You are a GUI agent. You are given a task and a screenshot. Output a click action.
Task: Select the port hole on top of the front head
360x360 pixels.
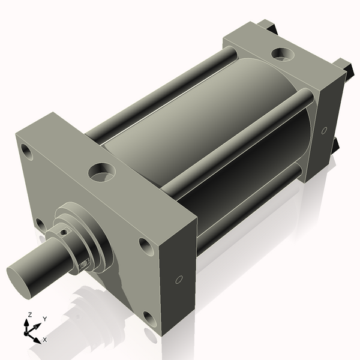(x=100, y=173)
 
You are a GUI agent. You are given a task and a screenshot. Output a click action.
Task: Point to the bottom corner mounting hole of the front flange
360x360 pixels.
(x=148, y=318)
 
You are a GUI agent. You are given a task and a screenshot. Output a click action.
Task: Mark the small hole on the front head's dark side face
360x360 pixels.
(x=178, y=280)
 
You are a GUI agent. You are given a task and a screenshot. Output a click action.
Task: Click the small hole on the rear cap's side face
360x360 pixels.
(x=324, y=130)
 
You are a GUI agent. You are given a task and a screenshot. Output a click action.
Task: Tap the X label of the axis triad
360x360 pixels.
(x=44, y=340)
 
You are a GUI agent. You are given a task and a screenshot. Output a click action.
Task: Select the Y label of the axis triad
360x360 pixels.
(x=44, y=319)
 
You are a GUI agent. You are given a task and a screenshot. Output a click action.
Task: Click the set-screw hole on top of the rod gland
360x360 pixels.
(x=62, y=229)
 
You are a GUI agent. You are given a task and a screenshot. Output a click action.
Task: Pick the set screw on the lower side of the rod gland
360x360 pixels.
(x=84, y=262)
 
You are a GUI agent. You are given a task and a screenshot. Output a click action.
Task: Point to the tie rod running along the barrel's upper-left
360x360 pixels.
(x=162, y=90)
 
